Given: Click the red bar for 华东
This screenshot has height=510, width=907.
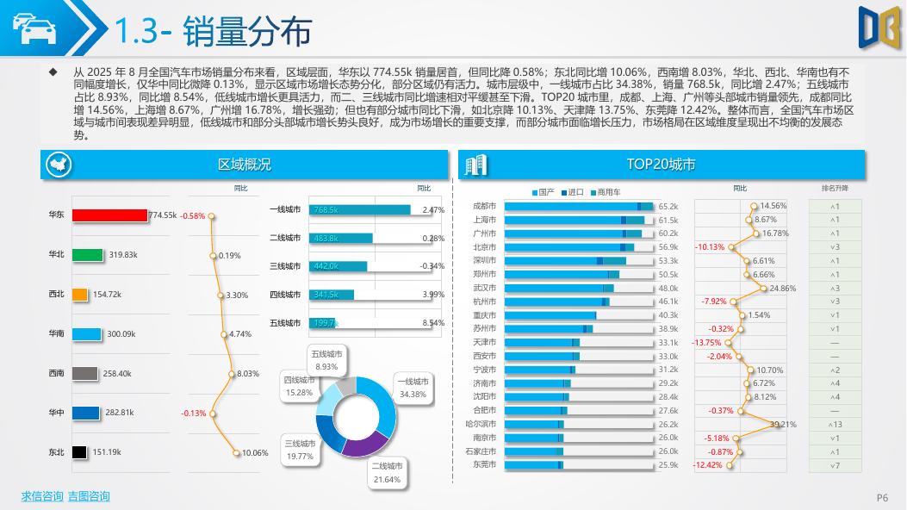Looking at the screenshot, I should tap(109, 215).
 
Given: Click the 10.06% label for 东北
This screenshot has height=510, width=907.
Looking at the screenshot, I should tap(255, 452).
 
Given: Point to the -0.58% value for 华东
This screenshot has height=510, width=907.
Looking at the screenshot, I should tap(193, 216).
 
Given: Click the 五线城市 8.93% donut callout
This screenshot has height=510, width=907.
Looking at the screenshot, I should tap(326, 360).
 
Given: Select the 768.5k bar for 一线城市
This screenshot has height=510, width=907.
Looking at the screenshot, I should tap(360, 210).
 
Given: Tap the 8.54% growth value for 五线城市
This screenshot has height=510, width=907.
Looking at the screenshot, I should tap(433, 323).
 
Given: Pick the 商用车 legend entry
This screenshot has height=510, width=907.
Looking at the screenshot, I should tap(605, 192).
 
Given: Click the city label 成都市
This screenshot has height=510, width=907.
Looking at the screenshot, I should tap(485, 207).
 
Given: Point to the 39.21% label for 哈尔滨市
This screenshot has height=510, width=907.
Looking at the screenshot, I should tap(783, 425).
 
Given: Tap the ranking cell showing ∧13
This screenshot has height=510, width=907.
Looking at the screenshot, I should tap(835, 425).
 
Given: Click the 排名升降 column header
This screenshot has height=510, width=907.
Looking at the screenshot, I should tap(835, 188).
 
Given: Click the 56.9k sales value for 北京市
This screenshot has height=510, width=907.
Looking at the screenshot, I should tap(668, 247).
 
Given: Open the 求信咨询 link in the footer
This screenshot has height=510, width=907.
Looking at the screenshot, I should tap(42, 496).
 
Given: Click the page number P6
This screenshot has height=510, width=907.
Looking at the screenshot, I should tap(882, 497).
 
